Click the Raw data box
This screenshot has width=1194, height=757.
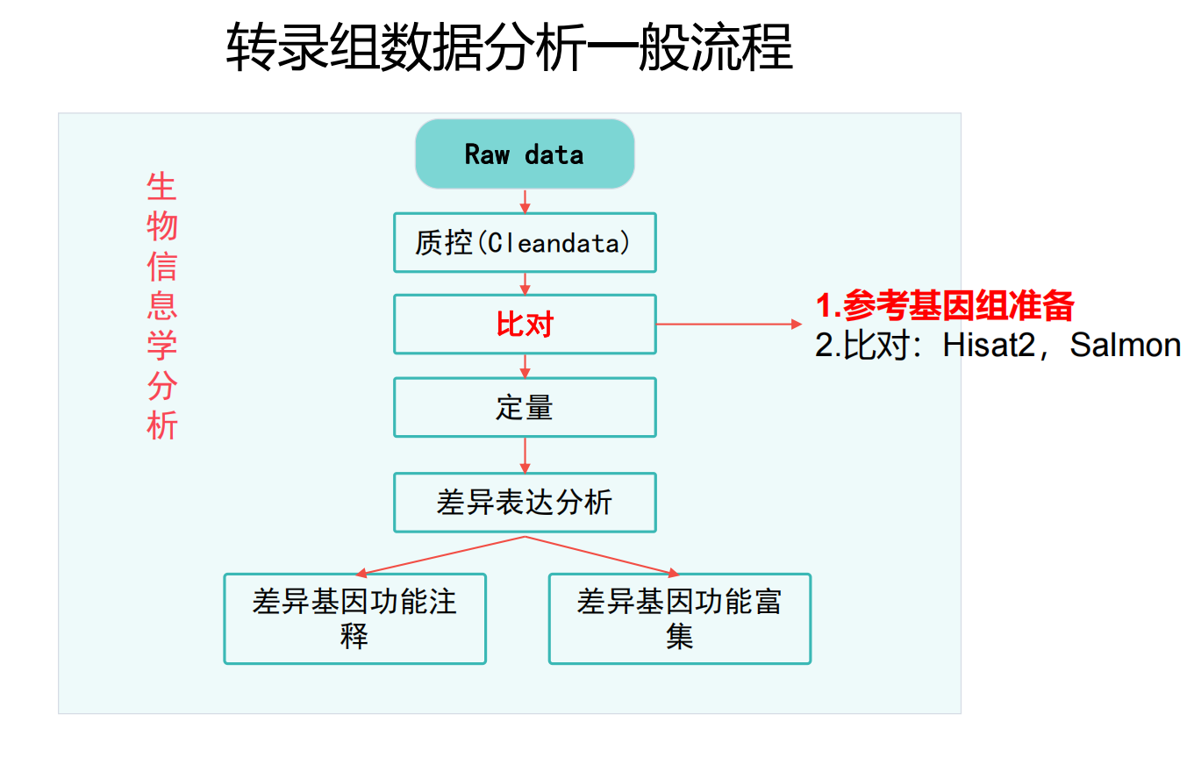click(524, 154)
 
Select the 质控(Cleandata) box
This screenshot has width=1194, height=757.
click(524, 242)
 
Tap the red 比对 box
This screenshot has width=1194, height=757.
click(524, 325)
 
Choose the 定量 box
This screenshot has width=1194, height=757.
click(524, 407)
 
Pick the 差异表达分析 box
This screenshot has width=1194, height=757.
click(524, 503)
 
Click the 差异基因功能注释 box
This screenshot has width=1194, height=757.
click(354, 618)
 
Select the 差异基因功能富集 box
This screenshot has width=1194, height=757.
click(679, 618)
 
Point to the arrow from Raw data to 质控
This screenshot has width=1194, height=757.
click(525, 201)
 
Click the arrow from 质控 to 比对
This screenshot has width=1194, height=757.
click(525, 283)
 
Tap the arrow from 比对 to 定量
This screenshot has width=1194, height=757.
click(525, 366)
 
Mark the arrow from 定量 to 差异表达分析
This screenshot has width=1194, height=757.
click(525, 454)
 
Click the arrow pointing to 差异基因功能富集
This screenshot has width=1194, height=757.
click(605, 554)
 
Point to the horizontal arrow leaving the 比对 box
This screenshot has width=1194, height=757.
click(728, 324)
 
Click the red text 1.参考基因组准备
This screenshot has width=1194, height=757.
click(945, 306)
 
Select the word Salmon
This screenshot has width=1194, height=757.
click(1126, 346)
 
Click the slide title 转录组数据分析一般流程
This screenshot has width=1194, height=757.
click(509, 47)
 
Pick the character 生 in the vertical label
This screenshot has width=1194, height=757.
click(162, 187)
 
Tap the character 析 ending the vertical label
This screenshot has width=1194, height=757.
click(162, 425)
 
